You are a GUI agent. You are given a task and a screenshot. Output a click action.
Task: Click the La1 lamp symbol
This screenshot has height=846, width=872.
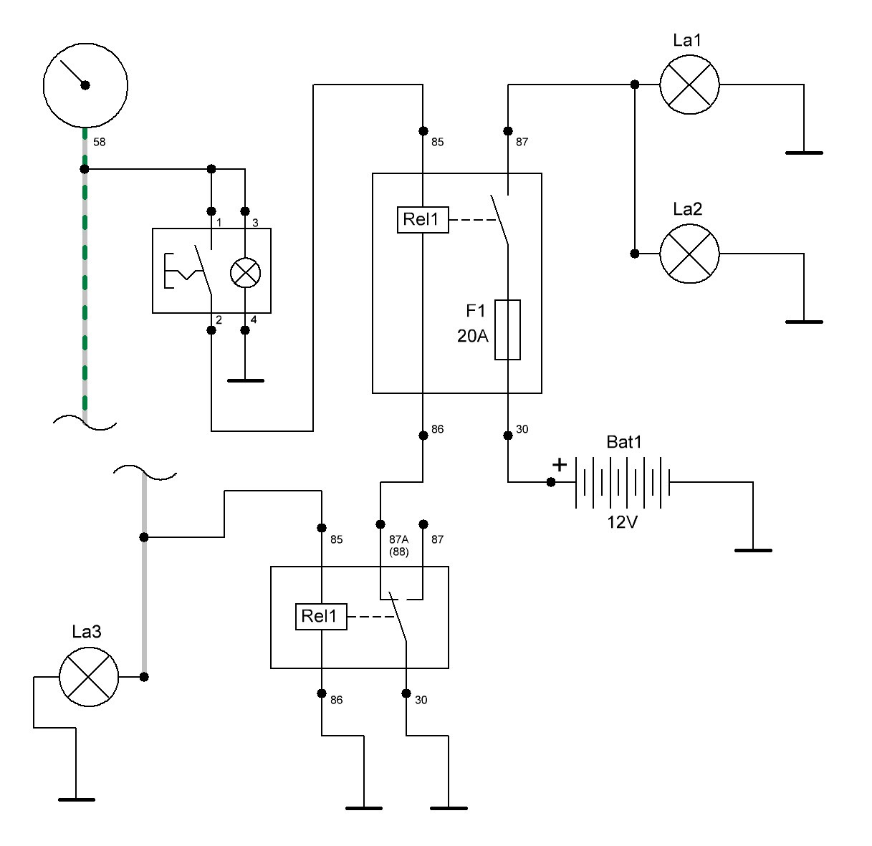click(x=689, y=85)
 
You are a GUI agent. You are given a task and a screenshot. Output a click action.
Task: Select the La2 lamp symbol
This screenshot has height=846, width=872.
click(x=689, y=254)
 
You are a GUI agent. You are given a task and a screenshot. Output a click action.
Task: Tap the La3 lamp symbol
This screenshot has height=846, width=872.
click(x=89, y=677)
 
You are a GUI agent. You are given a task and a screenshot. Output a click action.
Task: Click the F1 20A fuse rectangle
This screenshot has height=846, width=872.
click(x=507, y=330)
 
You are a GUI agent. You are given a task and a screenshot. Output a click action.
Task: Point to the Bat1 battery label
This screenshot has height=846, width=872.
click(x=624, y=442)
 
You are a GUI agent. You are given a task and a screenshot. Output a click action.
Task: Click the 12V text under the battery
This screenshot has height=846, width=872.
click(x=622, y=522)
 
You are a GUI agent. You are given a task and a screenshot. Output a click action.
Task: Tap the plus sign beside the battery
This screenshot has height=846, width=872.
click(x=559, y=465)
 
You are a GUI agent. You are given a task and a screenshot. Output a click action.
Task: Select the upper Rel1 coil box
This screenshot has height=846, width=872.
click(x=423, y=220)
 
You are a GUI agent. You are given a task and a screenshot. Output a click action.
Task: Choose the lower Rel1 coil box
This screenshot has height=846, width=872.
click(x=321, y=617)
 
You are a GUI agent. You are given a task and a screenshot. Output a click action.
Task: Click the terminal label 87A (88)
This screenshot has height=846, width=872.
click(x=399, y=545)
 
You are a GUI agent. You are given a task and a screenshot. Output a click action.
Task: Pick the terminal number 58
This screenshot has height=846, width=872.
click(x=99, y=142)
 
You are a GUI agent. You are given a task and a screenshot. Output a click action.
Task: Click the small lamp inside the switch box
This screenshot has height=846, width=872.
click(x=245, y=272)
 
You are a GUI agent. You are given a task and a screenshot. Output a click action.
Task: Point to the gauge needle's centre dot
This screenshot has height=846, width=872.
click(x=85, y=85)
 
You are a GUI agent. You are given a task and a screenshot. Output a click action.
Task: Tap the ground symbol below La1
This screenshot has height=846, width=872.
click(x=804, y=153)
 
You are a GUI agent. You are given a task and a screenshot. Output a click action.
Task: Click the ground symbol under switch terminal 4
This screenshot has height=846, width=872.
click(x=246, y=381)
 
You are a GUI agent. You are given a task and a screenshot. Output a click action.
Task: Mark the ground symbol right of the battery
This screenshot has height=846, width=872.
click(x=753, y=550)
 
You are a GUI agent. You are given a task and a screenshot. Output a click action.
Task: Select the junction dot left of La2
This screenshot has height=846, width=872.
click(x=635, y=254)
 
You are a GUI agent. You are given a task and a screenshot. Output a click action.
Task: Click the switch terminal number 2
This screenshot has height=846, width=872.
click(x=219, y=320)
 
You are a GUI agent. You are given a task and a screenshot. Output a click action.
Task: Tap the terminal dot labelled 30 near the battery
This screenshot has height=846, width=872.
click(x=508, y=435)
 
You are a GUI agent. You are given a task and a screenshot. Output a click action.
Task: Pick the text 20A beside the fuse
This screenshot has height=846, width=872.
click(x=472, y=336)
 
